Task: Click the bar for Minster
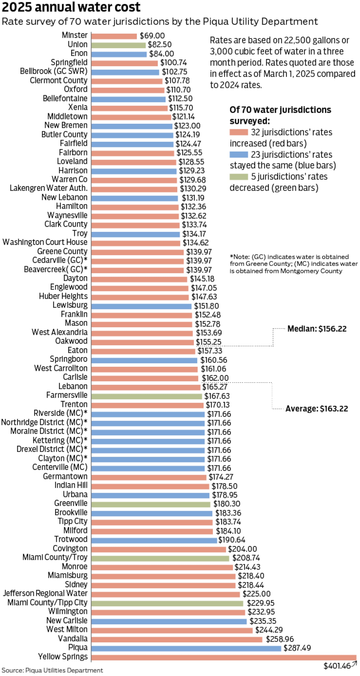pyautogui.click(x=114, y=36)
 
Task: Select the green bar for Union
pyautogui.click(x=118, y=45)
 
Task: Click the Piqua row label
pyautogui.click(x=78, y=647)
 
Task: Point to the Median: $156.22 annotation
pyautogui.click(x=317, y=329)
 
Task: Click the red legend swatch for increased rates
pyautogui.click(x=238, y=132)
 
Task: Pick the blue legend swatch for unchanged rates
pyautogui.click(x=238, y=155)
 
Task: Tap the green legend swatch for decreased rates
pyautogui.click(x=238, y=177)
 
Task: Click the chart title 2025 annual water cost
pyautogui.click(x=71, y=7)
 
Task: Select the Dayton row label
pyautogui.click(x=75, y=278)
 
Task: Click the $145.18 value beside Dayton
pyautogui.click(x=202, y=279)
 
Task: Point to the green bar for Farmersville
pyautogui.click(x=147, y=396)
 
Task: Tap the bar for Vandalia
pyautogui.click(x=177, y=639)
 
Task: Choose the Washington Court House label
pyautogui.click(x=45, y=242)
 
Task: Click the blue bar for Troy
pyautogui.click(x=135, y=234)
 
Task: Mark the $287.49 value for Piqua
pyautogui.click(x=297, y=648)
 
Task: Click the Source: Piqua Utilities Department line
pyautogui.click(x=52, y=671)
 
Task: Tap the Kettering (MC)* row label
pyautogui.click(x=60, y=440)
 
